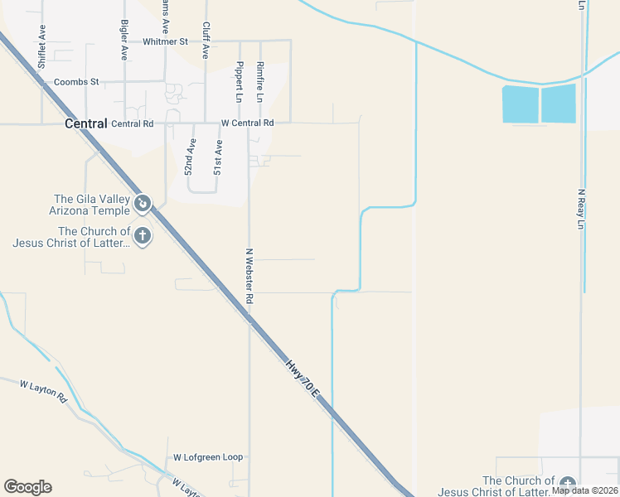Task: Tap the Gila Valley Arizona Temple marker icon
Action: point(143,202)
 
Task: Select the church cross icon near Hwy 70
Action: point(143,236)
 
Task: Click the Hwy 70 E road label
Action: point(303,377)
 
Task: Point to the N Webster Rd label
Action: point(249,275)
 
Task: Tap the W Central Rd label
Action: point(247,123)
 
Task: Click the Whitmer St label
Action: point(166,41)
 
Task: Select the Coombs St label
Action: point(76,82)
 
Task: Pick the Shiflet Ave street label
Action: point(41,51)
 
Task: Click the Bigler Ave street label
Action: point(124,40)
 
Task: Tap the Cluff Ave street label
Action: point(206,40)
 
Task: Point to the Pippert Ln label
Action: point(240,81)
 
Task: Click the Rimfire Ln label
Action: point(260,81)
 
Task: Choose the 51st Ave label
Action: point(218,157)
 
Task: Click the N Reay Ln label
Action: point(581,209)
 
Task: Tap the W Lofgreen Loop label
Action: point(208,457)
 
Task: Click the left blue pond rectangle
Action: point(520,104)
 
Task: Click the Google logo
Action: point(27,487)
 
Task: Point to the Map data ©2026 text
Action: point(585,490)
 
